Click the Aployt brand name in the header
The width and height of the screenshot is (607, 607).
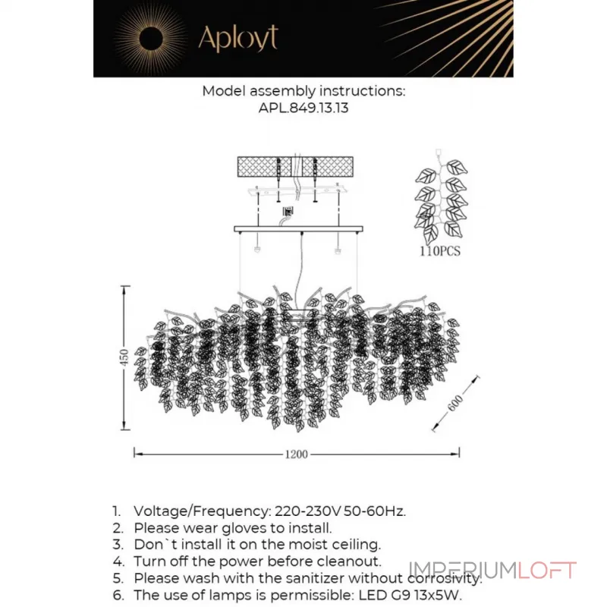(237, 38)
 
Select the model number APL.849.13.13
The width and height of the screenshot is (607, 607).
(303, 108)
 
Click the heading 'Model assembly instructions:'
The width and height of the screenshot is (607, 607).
(303, 91)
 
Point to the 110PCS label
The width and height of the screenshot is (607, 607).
(439, 251)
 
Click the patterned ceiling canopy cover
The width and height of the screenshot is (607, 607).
(295, 167)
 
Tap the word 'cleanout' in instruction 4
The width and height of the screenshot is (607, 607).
(353, 562)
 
